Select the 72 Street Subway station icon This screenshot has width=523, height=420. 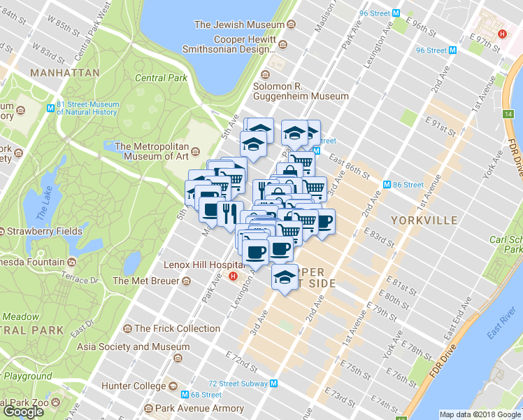coord(275,383)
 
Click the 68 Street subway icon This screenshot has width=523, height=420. coord(185,395)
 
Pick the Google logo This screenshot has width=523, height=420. coord(24,412)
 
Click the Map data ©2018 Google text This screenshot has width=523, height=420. coord(480,414)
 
